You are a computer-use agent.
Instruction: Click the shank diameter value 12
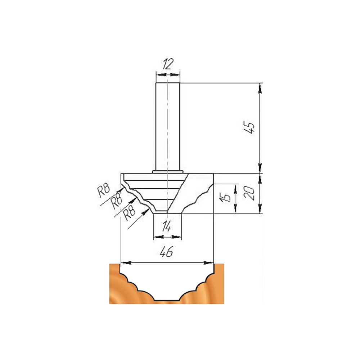click(167, 64)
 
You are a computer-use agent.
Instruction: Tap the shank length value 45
click(249, 127)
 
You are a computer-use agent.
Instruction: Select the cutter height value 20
click(249, 193)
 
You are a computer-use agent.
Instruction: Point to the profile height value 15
click(225, 197)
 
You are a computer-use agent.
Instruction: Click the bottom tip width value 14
click(166, 226)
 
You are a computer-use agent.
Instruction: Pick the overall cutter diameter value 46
click(166, 252)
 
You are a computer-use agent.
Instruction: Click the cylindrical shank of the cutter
click(168, 126)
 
